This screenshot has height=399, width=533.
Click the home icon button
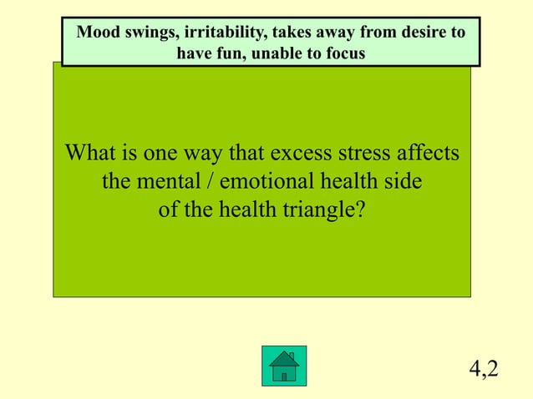(283, 366)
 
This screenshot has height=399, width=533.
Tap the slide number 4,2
(484, 367)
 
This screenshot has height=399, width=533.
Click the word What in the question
(89, 154)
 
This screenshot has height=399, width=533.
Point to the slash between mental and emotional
(206, 181)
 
